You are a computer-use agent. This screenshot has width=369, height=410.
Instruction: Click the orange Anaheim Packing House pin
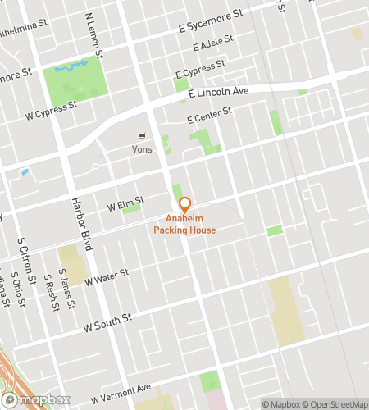[x=184, y=204]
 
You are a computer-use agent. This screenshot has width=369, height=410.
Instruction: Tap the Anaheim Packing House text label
[x=184, y=225]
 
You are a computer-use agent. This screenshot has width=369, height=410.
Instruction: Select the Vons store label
[x=142, y=149]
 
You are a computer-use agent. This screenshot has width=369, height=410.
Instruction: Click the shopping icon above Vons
[x=142, y=137]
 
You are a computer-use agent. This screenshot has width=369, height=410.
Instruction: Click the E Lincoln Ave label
[x=217, y=93]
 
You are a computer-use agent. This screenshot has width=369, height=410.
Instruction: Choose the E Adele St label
[x=213, y=43]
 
